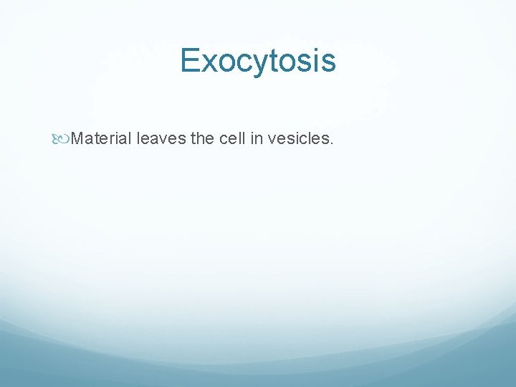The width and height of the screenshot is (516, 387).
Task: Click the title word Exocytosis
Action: click(258, 60)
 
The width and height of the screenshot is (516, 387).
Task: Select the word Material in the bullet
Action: click(101, 138)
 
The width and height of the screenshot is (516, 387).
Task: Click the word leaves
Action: click(161, 138)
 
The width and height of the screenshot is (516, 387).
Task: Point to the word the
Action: click(202, 138)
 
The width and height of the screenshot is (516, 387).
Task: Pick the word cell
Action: click(231, 138)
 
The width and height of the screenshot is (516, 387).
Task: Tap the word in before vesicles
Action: click(256, 138)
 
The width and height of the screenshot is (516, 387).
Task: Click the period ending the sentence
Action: click(331, 143)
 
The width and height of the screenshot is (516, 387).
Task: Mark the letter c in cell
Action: click(222, 139)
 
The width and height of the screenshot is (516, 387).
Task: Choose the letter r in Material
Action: click(110, 139)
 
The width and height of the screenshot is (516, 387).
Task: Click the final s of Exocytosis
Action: click(328, 63)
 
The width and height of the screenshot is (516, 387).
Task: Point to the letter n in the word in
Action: click(259, 139)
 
